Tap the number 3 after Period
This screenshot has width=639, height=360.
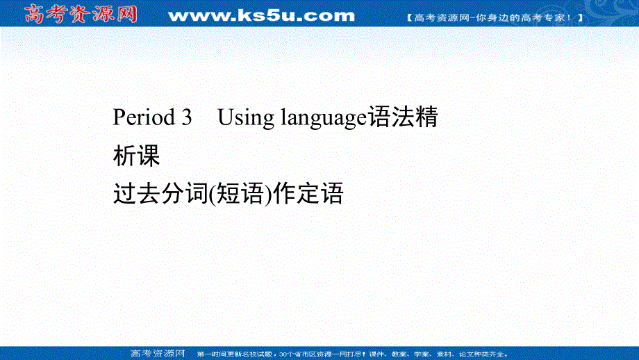tap(185, 118)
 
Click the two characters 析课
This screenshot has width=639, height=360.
tap(137, 156)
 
